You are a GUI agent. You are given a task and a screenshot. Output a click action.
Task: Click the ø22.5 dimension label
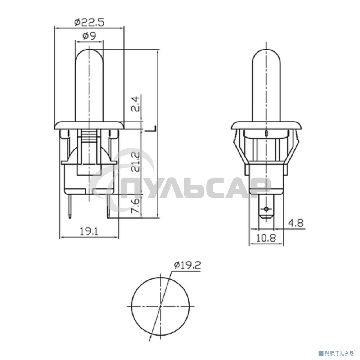click(x=89, y=22)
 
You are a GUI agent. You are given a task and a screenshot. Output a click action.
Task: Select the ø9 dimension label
click(x=89, y=36)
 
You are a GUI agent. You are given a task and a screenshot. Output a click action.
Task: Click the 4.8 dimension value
click(x=296, y=223)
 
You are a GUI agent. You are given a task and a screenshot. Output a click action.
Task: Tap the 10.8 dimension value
click(x=266, y=238)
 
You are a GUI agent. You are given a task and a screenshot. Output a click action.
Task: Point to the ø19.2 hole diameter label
click(x=187, y=266)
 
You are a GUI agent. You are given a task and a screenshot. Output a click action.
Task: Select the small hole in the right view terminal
click(x=266, y=209)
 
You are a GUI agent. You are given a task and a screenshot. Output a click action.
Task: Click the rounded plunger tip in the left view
click(x=89, y=54)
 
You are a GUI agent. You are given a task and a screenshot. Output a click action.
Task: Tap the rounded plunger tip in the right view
click(x=266, y=54)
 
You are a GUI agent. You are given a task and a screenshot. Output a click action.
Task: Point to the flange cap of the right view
click(x=266, y=125)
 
